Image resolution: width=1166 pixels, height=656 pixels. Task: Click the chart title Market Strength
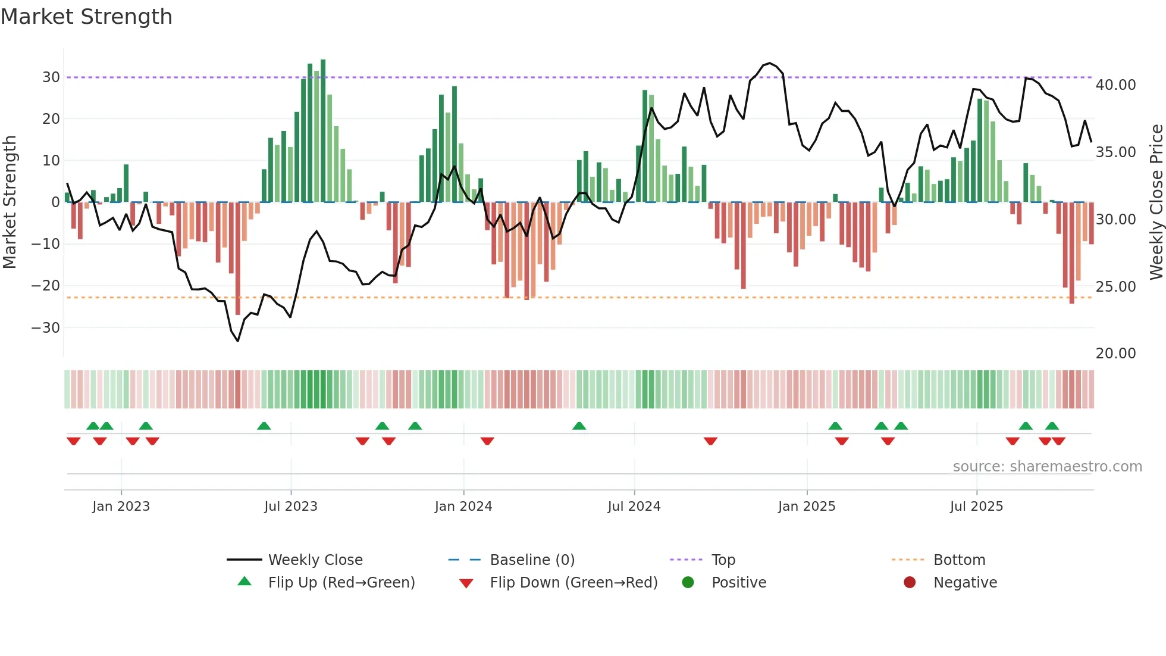click(x=87, y=17)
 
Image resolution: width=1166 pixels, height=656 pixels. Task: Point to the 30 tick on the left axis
click(x=51, y=77)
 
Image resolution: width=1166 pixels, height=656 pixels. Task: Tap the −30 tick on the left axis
click(x=46, y=327)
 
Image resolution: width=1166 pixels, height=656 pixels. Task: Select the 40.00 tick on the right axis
click(x=1115, y=85)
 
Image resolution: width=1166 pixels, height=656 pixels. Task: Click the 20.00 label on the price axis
click(x=1115, y=354)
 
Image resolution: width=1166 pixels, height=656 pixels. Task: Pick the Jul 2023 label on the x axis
click(x=291, y=507)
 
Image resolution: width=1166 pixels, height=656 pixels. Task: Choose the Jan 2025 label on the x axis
click(x=807, y=507)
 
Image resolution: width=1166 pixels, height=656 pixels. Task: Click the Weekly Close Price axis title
click(x=1156, y=202)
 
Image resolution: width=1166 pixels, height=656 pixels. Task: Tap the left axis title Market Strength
click(x=10, y=202)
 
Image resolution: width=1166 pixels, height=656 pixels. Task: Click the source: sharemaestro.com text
click(x=1047, y=467)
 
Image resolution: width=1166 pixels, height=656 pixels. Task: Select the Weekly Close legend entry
click(x=315, y=560)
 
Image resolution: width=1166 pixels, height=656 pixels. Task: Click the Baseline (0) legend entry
click(x=532, y=560)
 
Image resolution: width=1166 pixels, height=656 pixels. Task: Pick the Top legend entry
click(x=723, y=560)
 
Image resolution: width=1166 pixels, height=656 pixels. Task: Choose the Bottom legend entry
click(x=959, y=560)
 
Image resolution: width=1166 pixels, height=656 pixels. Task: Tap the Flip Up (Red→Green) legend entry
click(x=341, y=583)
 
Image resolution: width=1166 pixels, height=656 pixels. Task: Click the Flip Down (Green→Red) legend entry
click(x=573, y=583)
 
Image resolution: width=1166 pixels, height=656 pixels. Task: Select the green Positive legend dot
click(x=688, y=583)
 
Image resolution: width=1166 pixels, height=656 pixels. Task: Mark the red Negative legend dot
click(x=910, y=583)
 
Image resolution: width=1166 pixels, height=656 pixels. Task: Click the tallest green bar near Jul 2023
click(x=323, y=131)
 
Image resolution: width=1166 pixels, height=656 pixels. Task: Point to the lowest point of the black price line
click(x=238, y=341)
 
